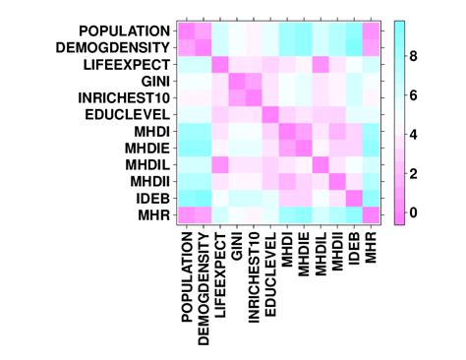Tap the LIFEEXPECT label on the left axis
coord(124,63)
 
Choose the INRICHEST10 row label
coord(121,96)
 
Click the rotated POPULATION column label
coord(185,274)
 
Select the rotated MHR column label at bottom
coord(372,250)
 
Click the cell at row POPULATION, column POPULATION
coord(185,30)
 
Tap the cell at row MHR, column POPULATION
coord(185,215)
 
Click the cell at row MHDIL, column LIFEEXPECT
coord(219,164)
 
